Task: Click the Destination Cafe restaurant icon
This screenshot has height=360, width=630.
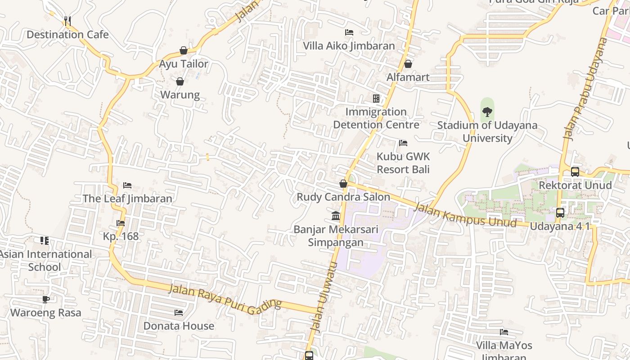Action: pyautogui.click(x=67, y=21)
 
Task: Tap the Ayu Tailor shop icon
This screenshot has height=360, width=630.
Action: pyautogui.click(x=184, y=50)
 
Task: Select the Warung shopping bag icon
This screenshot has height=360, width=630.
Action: pyautogui.click(x=180, y=81)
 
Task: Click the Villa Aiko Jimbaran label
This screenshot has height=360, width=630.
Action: pyautogui.click(x=349, y=46)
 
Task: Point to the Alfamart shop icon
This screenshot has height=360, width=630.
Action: pyautogui.click(x=408, y=64)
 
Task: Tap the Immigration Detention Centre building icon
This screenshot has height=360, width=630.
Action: pyautogui.click(x=376, y=98)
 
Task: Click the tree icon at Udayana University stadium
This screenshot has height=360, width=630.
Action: pyautogui.click(x=487, y=112)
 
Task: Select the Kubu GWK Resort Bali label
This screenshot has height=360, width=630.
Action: pyautogui.click(x=403, y=163)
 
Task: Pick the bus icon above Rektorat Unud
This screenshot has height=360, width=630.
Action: pyautogui.click(x=575, y=171)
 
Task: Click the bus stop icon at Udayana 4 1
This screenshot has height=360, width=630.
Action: pyautogui.click(x=560, y=212)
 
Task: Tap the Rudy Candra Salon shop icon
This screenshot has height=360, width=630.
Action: pyautogui.click(x=343, y=184)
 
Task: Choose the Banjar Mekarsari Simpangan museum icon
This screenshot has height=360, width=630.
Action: pyautogui.click(x=336, y=216)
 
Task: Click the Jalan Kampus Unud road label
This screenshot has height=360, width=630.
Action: pyautogui.click(x=465, y=215)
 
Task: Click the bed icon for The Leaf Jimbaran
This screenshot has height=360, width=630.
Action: pyautogui.click(x=127, y=185)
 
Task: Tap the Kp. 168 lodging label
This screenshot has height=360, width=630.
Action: pyautogui.click(x=121, y=236)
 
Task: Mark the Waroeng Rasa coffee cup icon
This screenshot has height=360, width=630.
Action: pyautogui.click(x=46, y=299)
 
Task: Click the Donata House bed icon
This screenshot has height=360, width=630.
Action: pyautogui.click(x=179, y=312)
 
